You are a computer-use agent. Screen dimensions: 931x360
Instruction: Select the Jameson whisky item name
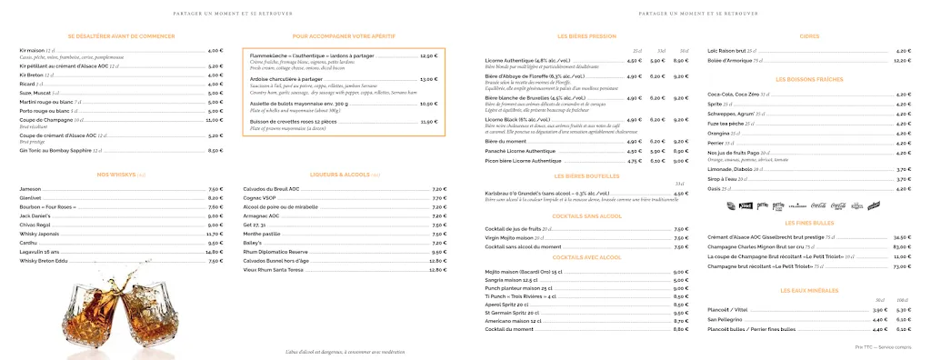[30, 188]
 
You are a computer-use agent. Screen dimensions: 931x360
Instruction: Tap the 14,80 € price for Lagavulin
[215, 252]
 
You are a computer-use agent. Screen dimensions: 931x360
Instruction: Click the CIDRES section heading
[808, 36]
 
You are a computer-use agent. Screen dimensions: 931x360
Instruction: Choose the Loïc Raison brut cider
[726, 51]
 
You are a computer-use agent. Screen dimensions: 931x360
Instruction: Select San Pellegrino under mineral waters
[724, 319]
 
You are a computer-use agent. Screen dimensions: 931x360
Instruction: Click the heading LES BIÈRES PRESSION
[586, 36]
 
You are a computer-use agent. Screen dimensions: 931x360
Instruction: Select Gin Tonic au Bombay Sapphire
[55, 150]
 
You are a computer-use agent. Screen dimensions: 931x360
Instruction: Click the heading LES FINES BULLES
[807, 223]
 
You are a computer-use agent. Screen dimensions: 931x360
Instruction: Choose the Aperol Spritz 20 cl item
[506, 305]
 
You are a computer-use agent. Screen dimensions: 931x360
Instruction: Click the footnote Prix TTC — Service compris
[883, 348]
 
